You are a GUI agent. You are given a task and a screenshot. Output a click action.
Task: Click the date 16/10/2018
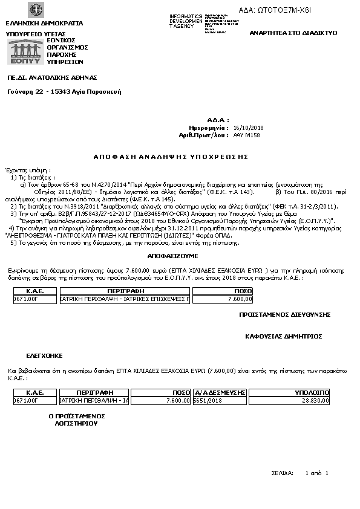point(248,128)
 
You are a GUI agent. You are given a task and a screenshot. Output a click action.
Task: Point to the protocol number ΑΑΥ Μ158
point(246,136)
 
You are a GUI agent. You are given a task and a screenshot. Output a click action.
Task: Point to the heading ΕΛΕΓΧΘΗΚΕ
point(44,355)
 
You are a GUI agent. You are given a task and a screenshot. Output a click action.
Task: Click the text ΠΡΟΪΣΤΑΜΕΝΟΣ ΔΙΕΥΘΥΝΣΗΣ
point(284,315)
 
